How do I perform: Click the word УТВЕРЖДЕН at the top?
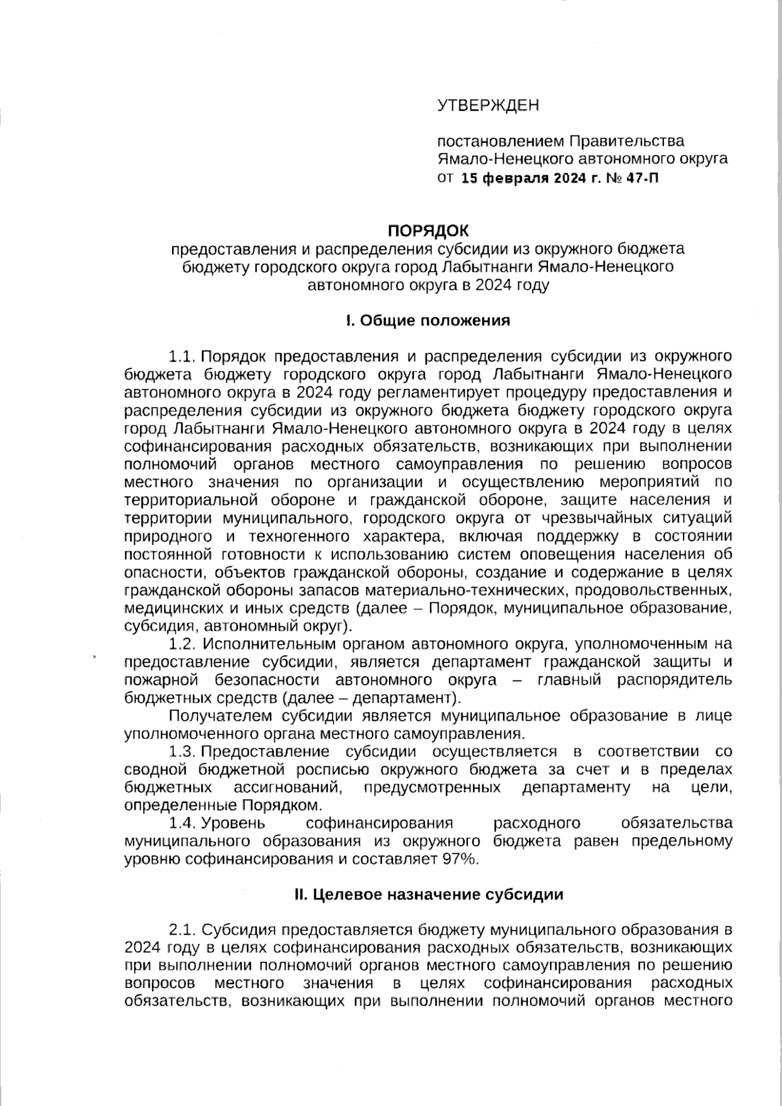point(488,105)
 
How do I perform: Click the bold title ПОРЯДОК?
point(428,230)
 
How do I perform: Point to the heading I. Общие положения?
point(427,321)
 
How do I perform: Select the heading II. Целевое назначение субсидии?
point(428,894)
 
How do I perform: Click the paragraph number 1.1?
point(183,357)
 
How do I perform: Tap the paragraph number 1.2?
point(183,644)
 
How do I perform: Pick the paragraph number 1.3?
point(183,751)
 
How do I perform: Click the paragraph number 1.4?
point(183,823)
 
